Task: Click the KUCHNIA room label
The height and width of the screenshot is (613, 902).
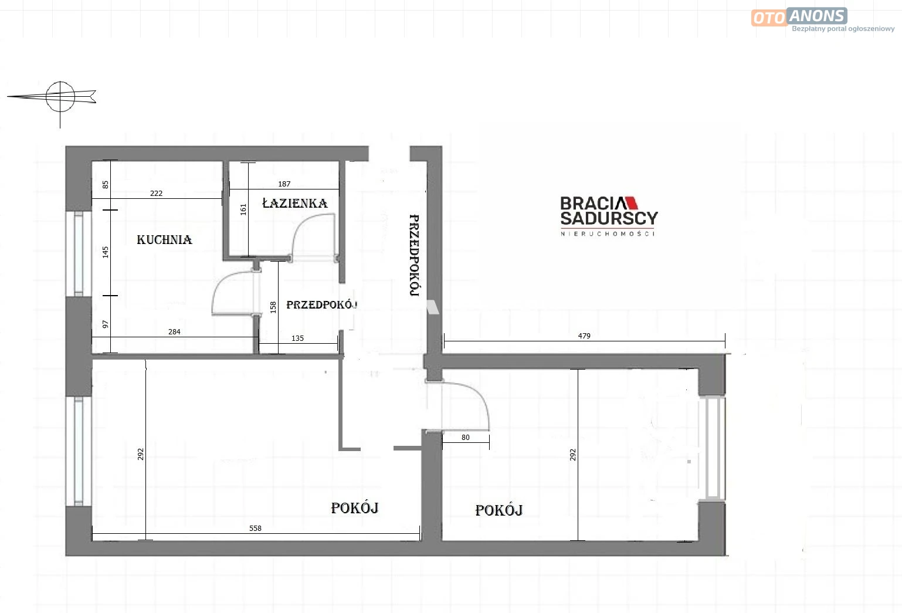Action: [164, 240]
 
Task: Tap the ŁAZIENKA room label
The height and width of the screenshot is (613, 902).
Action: [295, 203]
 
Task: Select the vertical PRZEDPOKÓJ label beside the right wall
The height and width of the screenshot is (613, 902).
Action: [414, 255]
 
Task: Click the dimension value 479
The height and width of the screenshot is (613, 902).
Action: [584, 336]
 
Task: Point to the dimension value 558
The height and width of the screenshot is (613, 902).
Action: [255, 528]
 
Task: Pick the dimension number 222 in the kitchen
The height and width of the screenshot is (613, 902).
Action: [156, 194]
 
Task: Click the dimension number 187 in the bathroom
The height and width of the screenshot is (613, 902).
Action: [284, 184]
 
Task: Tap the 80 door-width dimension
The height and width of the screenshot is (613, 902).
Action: [466, 438]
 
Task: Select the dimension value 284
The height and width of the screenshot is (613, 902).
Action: [174, 332]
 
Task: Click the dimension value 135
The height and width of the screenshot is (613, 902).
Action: [297, 338]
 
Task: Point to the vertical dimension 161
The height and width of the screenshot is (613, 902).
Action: [243, 209]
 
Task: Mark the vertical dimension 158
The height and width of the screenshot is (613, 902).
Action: [273, 307]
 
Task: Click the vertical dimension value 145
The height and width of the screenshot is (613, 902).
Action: [106, 252]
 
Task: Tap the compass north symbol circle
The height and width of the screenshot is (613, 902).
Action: [60, 83]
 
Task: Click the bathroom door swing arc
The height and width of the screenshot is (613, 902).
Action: [300, 228]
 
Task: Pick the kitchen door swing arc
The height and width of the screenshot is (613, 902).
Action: [220, 283]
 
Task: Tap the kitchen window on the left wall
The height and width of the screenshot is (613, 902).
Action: [79, 254]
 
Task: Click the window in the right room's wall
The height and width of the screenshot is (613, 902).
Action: [713, 448]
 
